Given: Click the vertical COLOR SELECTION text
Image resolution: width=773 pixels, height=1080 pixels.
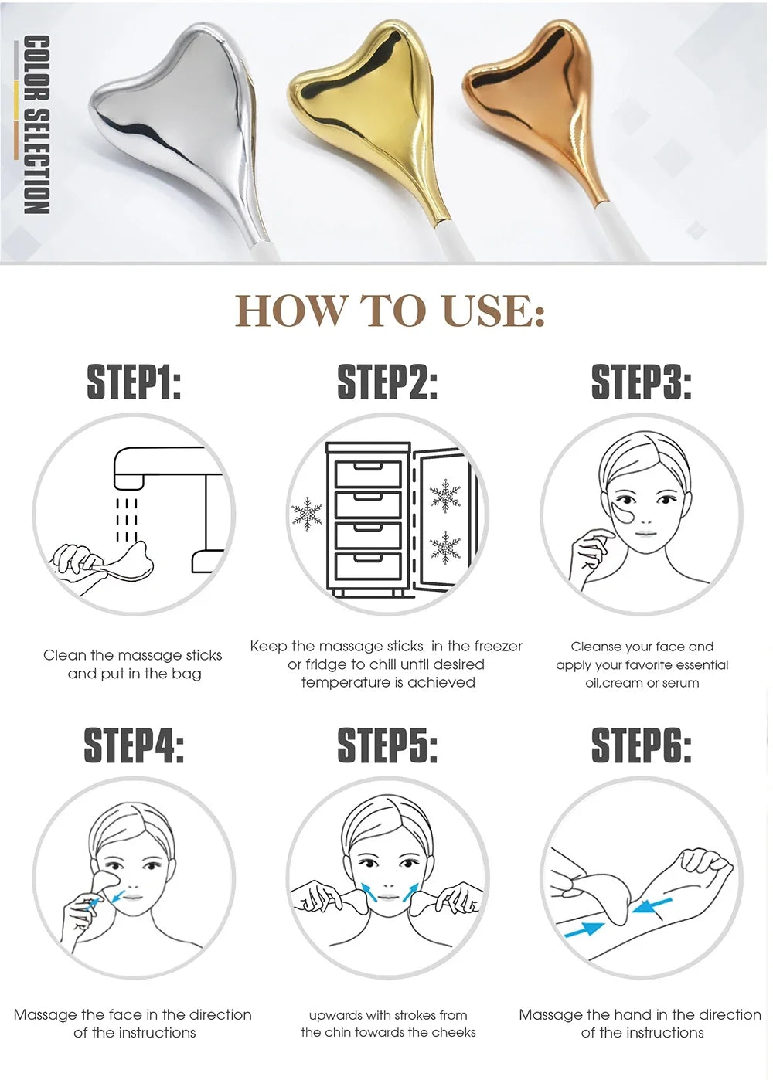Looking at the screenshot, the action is tap(36, 124).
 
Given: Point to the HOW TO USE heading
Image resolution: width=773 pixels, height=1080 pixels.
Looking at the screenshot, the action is tap(390, 311).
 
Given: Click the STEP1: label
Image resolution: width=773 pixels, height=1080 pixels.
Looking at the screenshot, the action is tap(134, 382).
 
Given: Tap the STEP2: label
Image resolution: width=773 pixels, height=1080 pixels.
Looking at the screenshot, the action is tap(387, 382).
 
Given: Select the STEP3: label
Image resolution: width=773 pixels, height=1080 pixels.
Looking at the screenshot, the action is tap(642, 382).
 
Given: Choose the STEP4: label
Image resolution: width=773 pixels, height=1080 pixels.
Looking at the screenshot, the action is tap(134, 745).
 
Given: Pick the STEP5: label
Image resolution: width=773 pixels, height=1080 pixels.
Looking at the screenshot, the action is tap(387, 745).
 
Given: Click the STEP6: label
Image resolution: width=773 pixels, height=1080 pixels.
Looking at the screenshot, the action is tap(642, 745).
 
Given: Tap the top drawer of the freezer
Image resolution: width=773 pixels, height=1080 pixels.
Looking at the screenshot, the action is tap(368, 474).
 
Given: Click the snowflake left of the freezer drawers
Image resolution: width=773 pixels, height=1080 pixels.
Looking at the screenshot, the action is tap(306, 514).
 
